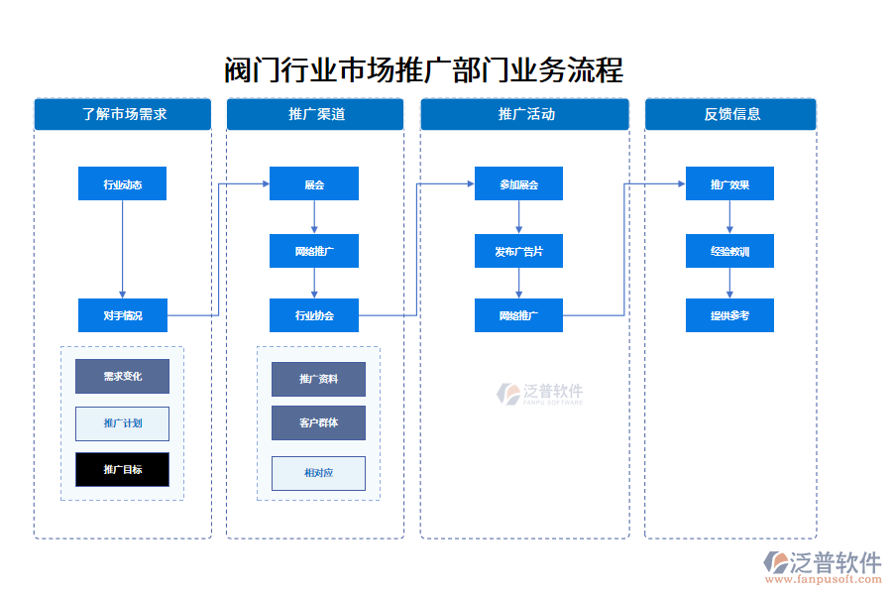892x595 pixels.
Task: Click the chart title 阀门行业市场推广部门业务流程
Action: coord(424,71)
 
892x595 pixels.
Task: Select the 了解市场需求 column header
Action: coord(123,114)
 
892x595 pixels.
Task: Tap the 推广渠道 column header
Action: coord(315,114)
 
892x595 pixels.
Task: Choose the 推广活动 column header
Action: coord(524,114)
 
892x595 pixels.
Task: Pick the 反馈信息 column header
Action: coord(730,114)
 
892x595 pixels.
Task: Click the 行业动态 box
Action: coord(122,183)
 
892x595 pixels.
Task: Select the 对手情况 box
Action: coord(122,315)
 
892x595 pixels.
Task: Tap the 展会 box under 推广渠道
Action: coord(314,183)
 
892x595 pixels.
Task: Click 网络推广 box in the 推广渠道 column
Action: coord(314,251)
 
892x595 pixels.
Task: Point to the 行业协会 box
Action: coord(314,315)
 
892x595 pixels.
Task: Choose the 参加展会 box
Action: coord(518,183)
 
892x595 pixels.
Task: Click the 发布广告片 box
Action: coord(518,251)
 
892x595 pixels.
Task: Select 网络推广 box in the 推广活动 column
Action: coord(518,315)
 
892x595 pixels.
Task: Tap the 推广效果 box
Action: coord(729,183)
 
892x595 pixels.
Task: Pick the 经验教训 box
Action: coord(729,251)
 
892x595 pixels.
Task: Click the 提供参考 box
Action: coord(729,315)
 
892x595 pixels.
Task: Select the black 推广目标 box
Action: coord(122,469)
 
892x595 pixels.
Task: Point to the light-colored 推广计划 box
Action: coord(122,423)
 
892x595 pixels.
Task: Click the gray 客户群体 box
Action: coord(318,422)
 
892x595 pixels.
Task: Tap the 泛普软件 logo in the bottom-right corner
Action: coord(822,566)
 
